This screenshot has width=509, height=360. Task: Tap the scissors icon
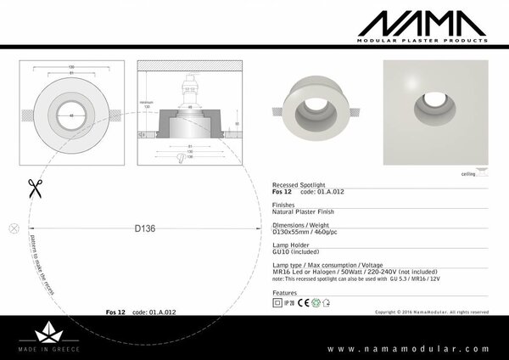(35, 188)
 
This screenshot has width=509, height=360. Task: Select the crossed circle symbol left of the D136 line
(13, 228)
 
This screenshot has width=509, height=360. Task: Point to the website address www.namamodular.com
(408, 348)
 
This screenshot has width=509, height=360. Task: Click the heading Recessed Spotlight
(298, 184)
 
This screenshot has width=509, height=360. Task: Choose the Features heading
(285, 291)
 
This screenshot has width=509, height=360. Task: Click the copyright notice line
(431, 312)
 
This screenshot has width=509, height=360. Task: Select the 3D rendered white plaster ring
(316, 108)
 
